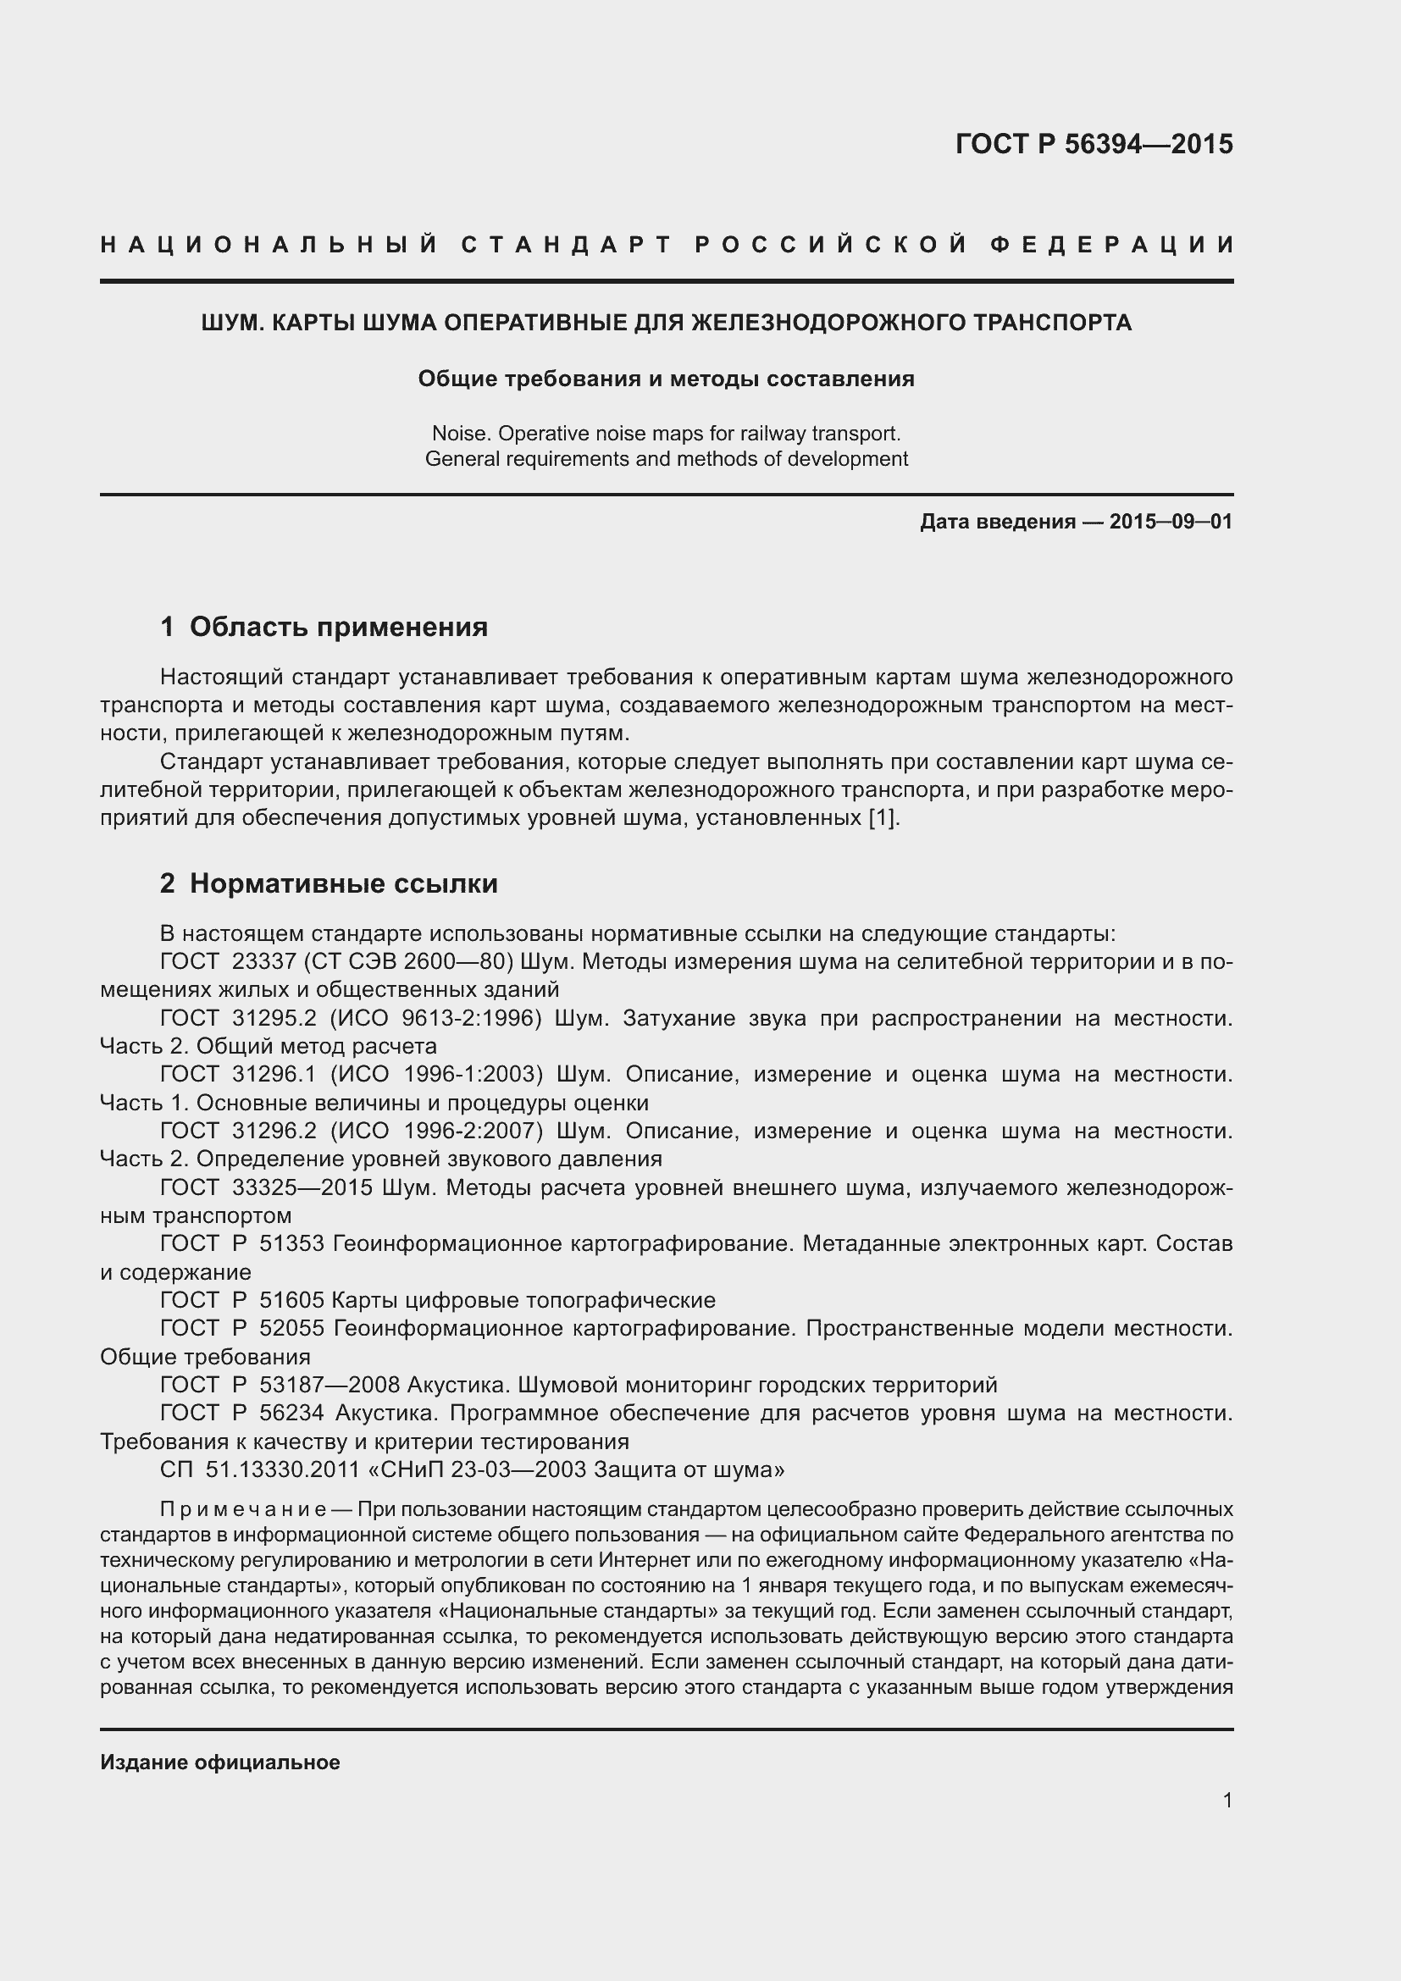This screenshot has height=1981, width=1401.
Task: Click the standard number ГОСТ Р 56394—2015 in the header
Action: (x=1094, y=144)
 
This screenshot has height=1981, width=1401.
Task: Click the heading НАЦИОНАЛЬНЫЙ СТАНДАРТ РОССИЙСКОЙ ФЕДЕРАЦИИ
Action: (x=667, y=245)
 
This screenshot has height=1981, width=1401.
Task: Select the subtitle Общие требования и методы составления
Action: (x=666, y=379)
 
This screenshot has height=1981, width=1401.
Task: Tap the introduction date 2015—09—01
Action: (x=1171, y=522)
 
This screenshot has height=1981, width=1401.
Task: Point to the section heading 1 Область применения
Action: (x=324, y=628)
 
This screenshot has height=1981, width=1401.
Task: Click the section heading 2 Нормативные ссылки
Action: (x=329, y=883)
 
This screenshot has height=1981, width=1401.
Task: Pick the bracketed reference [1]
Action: (x=884, y=818)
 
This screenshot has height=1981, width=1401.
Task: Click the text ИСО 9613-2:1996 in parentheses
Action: (x=435, y=1018)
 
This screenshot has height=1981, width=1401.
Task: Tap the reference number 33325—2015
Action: (x=302, y=1188)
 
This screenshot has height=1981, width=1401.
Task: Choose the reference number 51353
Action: (x=291, y=1244)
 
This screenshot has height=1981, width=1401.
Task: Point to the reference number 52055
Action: (x=291, y=1329)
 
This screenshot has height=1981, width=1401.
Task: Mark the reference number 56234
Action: (x=291, y=1414)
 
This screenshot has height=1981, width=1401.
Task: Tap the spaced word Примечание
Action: (x=242, y=1510)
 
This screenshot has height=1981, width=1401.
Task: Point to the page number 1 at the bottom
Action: (x=1227, y=1800)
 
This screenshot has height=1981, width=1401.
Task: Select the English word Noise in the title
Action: (x=458, y=433)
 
